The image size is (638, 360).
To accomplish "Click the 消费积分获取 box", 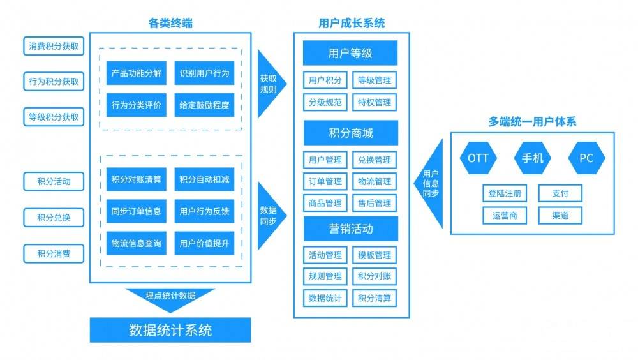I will point(54,46).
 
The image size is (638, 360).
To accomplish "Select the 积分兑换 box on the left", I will point(54,217).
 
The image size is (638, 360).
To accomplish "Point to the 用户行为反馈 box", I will point(204,211).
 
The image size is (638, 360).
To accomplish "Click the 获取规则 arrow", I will point(269,84).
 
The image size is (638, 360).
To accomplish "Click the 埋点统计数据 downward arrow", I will point(170,297).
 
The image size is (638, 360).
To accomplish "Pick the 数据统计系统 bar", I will point(170,330).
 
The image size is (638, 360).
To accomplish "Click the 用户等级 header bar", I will point(350,54).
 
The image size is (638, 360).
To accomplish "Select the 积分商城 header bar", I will point(350,133).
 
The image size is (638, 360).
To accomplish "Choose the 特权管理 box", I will point(375,102).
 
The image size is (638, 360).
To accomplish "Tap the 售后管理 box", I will point(375,204).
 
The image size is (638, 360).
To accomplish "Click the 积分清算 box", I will point(375,297).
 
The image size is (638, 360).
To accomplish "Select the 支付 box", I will point(560,193).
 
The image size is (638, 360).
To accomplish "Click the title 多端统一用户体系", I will point(533,121).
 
